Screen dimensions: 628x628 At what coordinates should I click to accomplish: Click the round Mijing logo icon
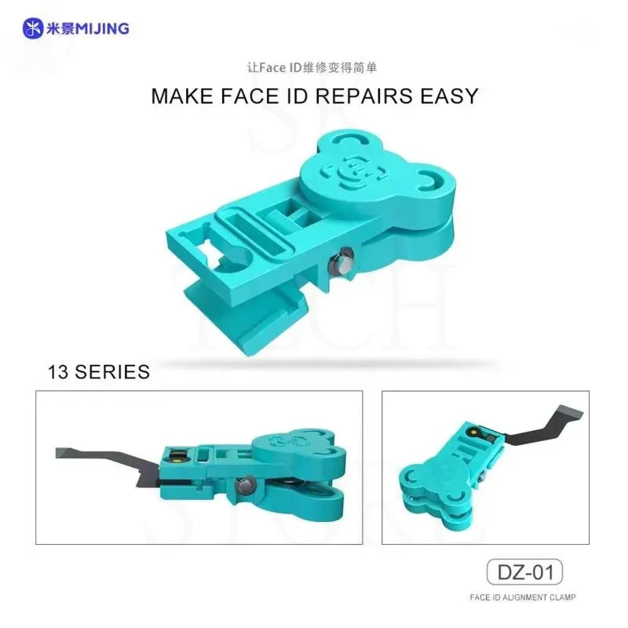(33, 28)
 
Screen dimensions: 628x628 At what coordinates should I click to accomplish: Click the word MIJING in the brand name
(102, 28)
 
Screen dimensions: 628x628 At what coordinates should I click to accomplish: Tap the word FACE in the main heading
(249, 96)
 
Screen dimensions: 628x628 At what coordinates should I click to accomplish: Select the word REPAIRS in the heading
(363, 96)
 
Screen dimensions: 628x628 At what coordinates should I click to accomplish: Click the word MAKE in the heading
(182, 96)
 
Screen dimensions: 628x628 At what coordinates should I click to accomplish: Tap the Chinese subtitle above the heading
(312, 68)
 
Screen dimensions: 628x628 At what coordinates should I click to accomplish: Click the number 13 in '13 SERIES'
(58, 371)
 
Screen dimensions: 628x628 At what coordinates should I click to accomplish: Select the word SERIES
(112, 371)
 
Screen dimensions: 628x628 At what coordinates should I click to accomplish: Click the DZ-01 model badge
(524, 572)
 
